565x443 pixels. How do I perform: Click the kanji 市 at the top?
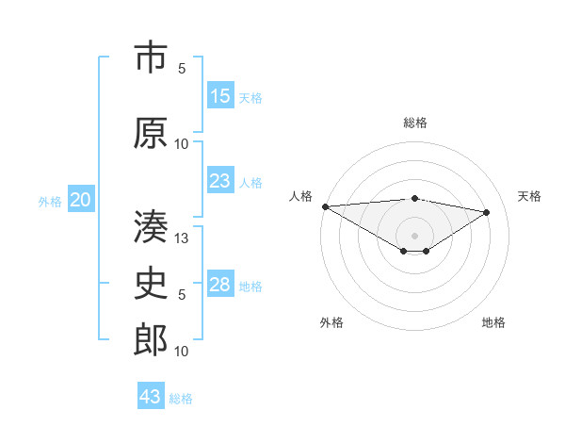pos(151,59)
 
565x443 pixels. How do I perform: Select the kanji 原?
pos(151,133)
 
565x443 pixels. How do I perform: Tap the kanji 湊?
pos(151,226)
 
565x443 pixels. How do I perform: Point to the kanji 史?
pos(151,284)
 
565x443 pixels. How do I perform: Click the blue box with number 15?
pos(220,96)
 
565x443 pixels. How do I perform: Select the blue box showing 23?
pos(220,181)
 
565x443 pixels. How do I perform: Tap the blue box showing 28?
pos(220,285)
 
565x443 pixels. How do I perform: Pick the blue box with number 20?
pos(81,199)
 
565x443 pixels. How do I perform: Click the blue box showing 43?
pos(151,397)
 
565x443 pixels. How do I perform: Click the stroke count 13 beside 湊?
pos(183,238)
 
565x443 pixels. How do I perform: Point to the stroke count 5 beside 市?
pos(183,69)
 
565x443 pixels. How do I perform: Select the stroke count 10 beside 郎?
pos(183,352)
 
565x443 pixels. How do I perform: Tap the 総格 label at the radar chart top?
pos(414,123)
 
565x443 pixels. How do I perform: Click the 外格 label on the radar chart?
pos(331,322)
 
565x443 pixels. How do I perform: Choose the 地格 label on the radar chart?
pos(493,322)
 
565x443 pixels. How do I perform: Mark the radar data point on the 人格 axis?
pos(325,206)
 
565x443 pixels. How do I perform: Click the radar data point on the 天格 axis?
pos(487,212)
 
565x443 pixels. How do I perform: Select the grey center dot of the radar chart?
pos(414,235)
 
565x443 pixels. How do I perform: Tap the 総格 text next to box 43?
pos(181,399)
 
